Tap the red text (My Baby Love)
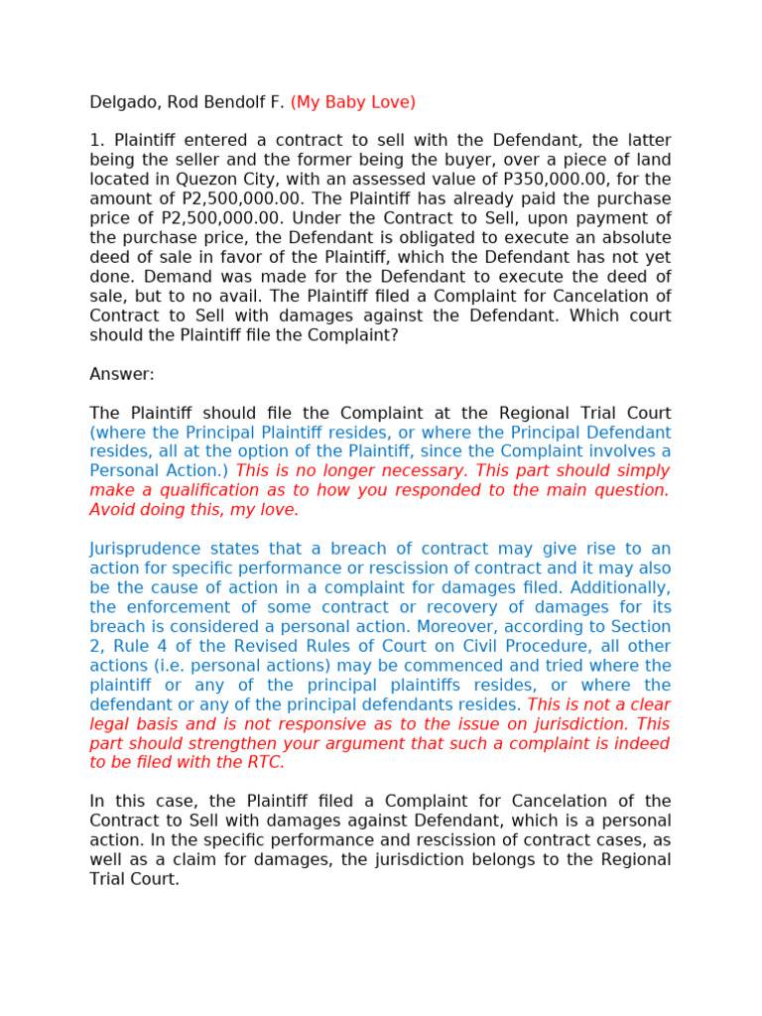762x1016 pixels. [x=352, y=102]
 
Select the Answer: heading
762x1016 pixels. [x=122, y=374]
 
